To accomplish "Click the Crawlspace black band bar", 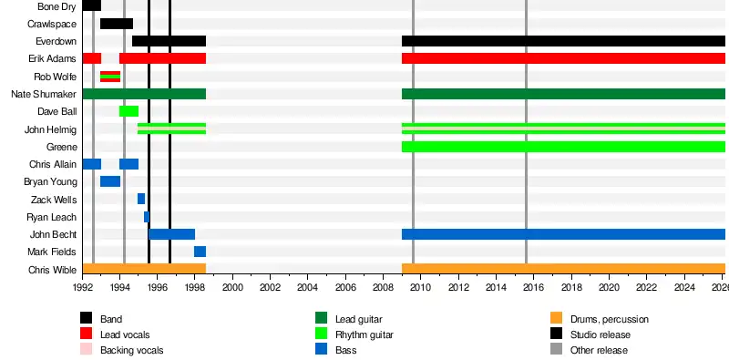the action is click(x=117, y=24).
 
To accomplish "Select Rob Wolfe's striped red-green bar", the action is click(x=110, y=77).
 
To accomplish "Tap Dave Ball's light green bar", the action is click(x=128, y=111).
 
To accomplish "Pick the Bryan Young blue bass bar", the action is click(x=110, y=181).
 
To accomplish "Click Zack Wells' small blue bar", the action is click(x=141, y=199).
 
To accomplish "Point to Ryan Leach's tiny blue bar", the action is click(x=147, y=217).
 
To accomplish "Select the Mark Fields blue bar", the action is click(x=200, y=252).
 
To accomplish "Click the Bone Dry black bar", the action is click(x=92, y=5).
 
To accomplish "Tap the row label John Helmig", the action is click(x=50, y=129).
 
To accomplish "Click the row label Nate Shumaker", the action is click(x=44, y=95).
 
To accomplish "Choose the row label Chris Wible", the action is click(x=52, y=270).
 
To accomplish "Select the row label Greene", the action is click(x=61, y=148).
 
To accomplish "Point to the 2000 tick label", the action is click(x=232, y=287).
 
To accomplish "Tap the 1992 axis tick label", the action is click(x=82, y=287).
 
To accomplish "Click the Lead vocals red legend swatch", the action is click(x=86, y=334).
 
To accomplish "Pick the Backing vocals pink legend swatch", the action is click(x=86, y=349).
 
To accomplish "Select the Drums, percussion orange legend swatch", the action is click(x=556, y=318).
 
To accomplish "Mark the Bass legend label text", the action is click(x=346, y=350).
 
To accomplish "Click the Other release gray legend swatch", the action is click(x=556, y=349).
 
